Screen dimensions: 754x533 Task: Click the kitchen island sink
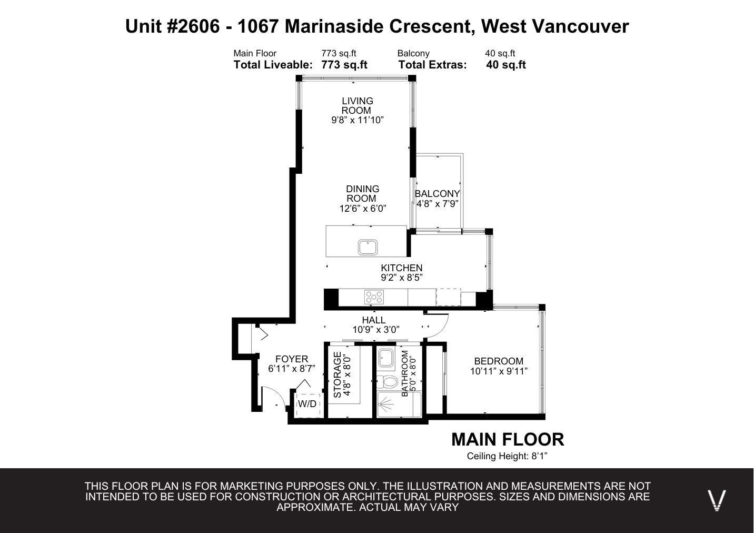click(x=368, y=247)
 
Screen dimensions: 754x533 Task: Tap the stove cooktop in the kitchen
click(x=374, y=297)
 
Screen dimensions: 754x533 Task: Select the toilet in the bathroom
click(x=388, y=382)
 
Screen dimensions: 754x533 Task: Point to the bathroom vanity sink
click(x=386, y=358)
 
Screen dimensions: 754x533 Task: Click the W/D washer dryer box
click(x=307, y=406)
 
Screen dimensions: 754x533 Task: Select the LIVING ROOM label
click(x=357, y=105)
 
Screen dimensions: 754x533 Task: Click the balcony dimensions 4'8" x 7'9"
click(x=438, y=204)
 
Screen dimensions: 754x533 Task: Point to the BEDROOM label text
click(x=499, y=361)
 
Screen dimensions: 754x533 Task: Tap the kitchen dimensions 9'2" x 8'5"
click(x=402, y=278)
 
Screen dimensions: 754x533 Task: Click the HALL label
click(x=374, y=320)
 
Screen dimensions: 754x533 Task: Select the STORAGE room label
click(x=338, y=374)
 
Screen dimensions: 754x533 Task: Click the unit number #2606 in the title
click(x=193, y=26)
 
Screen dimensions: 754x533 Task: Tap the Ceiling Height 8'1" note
click(x=507, y=456)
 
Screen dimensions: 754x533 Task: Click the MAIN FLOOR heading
click(x=508, y=439)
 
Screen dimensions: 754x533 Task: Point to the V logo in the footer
click(x=717, y=500)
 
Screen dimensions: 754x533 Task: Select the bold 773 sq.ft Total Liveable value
click(x=344, y=65)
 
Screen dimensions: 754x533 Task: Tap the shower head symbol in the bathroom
click(x=386, y=403)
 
